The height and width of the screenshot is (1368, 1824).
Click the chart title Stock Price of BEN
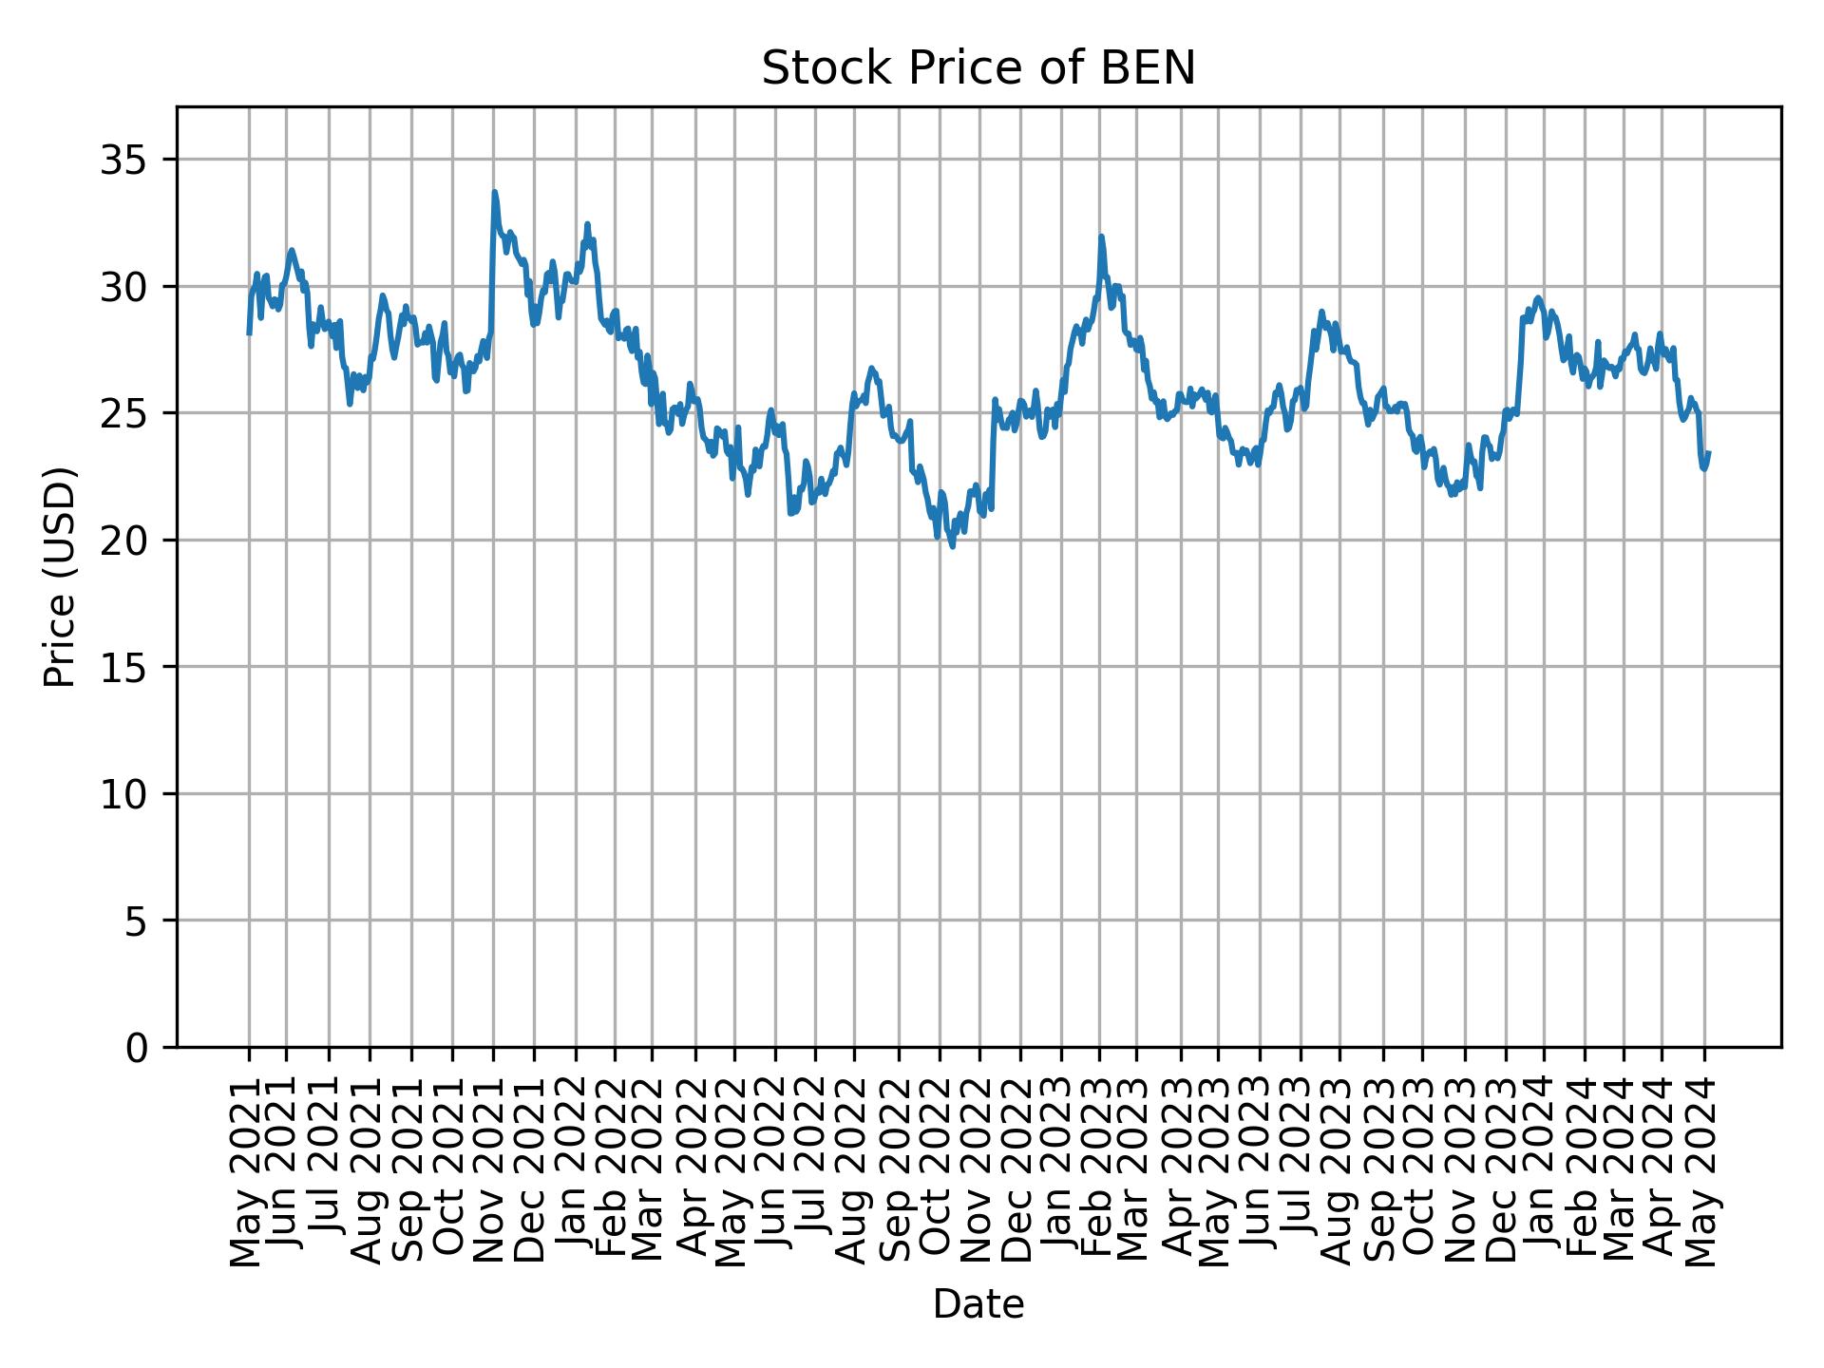point(978,68)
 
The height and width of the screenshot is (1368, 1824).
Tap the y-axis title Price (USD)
point(59,577)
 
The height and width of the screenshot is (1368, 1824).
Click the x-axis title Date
point(978,1305)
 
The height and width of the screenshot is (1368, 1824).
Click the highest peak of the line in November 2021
point(494,192)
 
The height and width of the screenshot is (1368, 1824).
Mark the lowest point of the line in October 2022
point(952,546)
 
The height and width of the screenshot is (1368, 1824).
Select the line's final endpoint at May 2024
point(1709,453)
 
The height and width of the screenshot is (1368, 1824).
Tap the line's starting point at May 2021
point(249,333)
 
